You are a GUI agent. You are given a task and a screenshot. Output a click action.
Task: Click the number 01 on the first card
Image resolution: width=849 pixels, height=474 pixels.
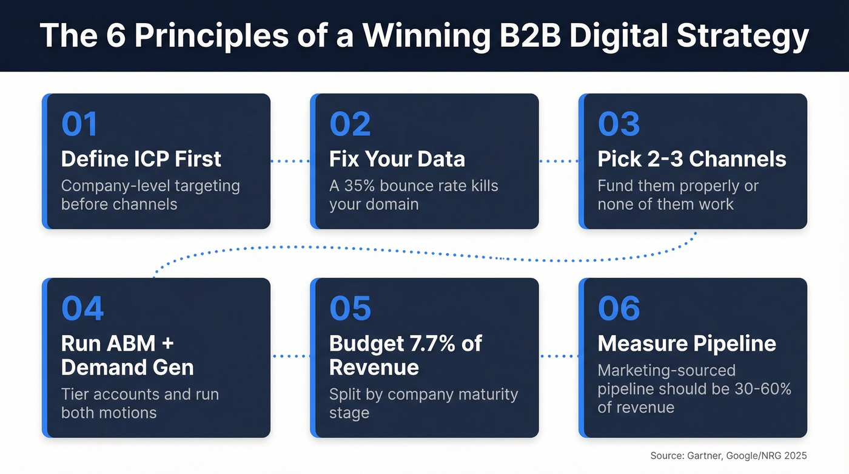click(79, 124)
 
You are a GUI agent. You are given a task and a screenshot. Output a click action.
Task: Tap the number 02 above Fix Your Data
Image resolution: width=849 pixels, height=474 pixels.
click(350, 124)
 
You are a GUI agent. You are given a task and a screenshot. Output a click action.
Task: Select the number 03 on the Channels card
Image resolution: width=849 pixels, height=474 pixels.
click(619, 124)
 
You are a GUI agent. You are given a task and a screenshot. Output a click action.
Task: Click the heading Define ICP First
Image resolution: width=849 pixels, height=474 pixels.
click(141, 159)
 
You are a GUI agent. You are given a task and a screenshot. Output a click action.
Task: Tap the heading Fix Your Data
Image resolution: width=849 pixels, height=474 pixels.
click(397, 159)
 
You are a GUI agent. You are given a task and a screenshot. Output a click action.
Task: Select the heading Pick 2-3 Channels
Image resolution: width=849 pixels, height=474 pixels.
click(692, 159)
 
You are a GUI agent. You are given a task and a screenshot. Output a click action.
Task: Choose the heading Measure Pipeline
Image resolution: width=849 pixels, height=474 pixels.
click(686, 344)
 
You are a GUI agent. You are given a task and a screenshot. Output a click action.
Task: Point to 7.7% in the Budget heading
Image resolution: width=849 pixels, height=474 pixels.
click(434, 344)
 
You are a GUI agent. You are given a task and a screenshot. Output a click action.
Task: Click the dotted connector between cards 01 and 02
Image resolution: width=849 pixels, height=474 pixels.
click(290, 161)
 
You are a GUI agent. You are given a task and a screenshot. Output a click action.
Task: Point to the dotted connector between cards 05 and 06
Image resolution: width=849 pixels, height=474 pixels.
click(558, 356)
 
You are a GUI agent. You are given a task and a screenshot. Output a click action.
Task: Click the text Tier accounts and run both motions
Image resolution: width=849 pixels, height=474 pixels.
click(140, 403)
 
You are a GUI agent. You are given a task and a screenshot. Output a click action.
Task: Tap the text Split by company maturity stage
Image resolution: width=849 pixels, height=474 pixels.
click(423, 403)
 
